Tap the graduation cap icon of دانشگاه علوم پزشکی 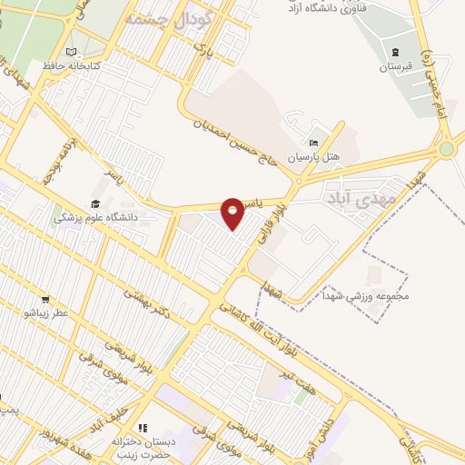[95, 203]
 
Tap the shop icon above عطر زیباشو [45, 299]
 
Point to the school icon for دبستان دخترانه [142, 428]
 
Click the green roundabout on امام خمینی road [446, 150]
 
